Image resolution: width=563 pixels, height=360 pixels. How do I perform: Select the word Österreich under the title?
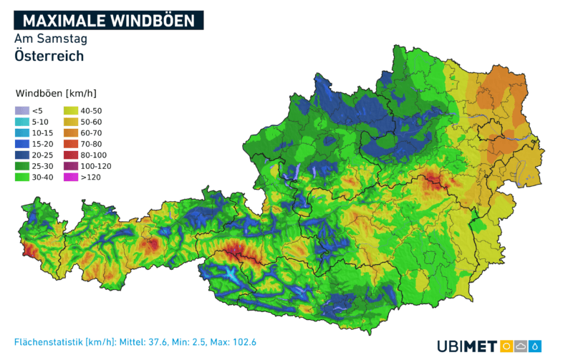pos(49,56)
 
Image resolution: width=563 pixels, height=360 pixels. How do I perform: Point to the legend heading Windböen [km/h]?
pos(56,94)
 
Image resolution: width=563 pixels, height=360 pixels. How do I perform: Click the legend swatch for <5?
pos(22,110)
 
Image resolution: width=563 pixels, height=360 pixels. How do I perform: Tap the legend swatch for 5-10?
pos(22,122)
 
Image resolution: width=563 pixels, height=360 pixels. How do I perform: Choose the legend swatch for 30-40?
pos(22,177)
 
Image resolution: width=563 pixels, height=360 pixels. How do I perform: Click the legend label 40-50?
pos(92,110)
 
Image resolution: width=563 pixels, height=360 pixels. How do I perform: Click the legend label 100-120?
pos(96,166)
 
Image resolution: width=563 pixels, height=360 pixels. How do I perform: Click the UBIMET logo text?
pos(467,346)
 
